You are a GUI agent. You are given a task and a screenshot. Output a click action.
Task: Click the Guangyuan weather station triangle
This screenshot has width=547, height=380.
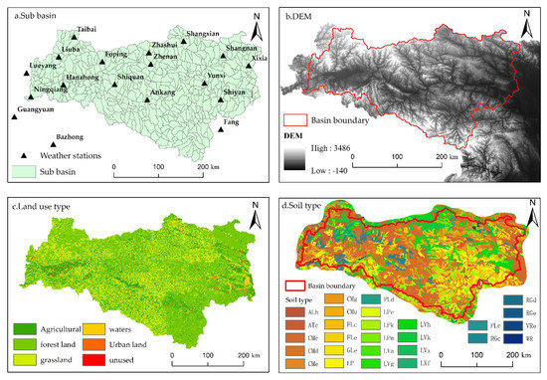[x=14, y=118]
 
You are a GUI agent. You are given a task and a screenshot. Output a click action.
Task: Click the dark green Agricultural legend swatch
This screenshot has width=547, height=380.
[x=23, y=324]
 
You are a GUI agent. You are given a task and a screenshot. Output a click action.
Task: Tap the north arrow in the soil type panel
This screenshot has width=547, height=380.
[x=531, y=213]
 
